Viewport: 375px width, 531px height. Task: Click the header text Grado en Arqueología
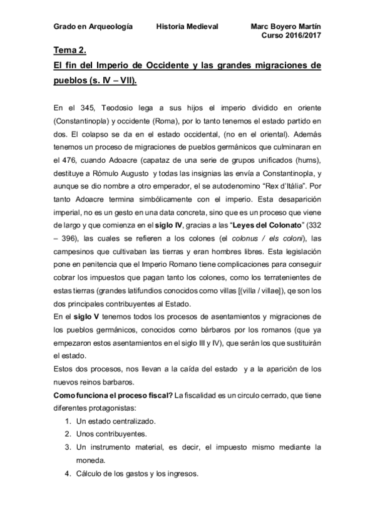(93, 27)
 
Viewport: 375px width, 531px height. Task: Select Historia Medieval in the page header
(187, 27)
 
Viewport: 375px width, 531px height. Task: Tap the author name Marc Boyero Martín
(285, 27)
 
